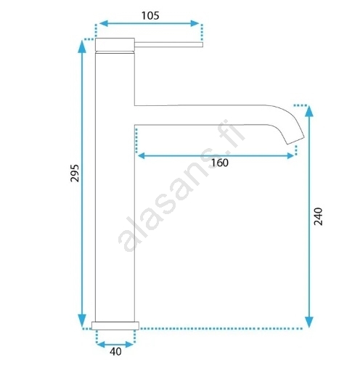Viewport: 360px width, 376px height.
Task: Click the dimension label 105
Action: [x=150, y=16]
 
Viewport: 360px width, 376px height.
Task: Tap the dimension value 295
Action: [x=75, y=173]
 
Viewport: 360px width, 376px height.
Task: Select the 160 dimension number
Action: [x=220, y=163]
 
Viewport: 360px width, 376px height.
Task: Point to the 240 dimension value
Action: [x=318, y=216]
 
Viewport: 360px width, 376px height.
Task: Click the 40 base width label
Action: [x=115, y=351]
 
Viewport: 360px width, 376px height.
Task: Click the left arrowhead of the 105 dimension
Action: [x=103, y=23]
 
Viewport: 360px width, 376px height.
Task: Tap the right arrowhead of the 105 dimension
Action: [x=195, y=23]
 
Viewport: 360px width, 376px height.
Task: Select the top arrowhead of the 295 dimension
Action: [x=82, y=46]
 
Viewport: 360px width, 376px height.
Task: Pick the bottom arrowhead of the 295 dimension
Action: [x=82, y=321]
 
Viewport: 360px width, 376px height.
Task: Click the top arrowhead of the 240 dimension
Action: [x=309, y=111]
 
